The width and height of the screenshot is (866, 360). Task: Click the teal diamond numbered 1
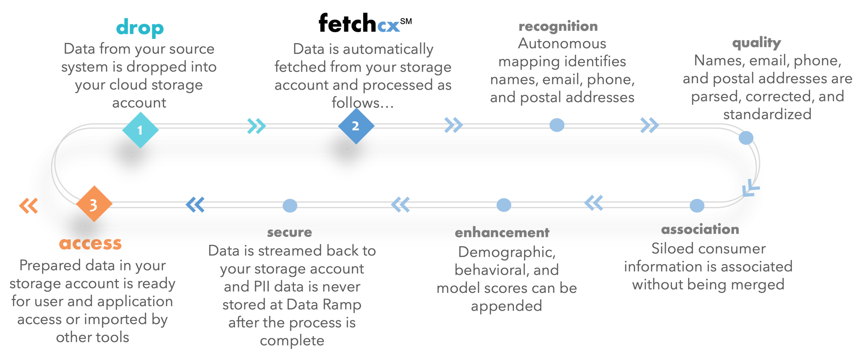pyautogui.click(x=140, y=130)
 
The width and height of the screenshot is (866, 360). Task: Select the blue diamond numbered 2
pyautogui.click(x=355, y=126)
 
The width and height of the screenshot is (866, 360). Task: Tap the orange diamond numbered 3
pyautogui.click(x=94, y=204)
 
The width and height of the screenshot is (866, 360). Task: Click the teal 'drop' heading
pyautogui.click(x=140, y=29)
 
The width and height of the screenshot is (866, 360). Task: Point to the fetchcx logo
pyautogui.click(x=359, y=23)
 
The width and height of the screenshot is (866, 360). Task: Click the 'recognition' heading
pyautogui.click(x=558, y=26)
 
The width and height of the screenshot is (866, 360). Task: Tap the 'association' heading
pyautogui.click(x=700, y=229)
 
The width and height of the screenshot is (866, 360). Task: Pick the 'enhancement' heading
pyautogui.click(x=502, y=233)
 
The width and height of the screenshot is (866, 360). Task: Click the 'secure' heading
pyautogui.click(x=289, y=233)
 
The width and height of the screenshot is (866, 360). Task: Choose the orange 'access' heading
pyautogui.click(x=90, y=243)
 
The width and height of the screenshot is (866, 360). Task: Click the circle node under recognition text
pyautogui.click(x=557, y=125)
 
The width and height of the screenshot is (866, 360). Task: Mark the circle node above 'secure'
pyautogui.click(x=290, y=205)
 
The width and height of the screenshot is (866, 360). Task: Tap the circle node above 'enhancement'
pyautogui.click(x=504, y=205)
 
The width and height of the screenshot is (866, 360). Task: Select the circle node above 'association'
pyautogui.click(x=697, y=205)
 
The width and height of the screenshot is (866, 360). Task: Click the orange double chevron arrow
pyautogui.click(x=29, y=206)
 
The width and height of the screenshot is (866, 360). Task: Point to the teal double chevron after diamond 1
pyautogui.click(x=256, y=126)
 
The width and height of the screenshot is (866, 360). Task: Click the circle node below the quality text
pyautogui.click(x=746, y=138)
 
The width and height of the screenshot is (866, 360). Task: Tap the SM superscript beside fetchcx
pyautogui.click(x=406, y=20)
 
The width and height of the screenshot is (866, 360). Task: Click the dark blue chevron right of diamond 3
pyautogui.click(x=195, y=204)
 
